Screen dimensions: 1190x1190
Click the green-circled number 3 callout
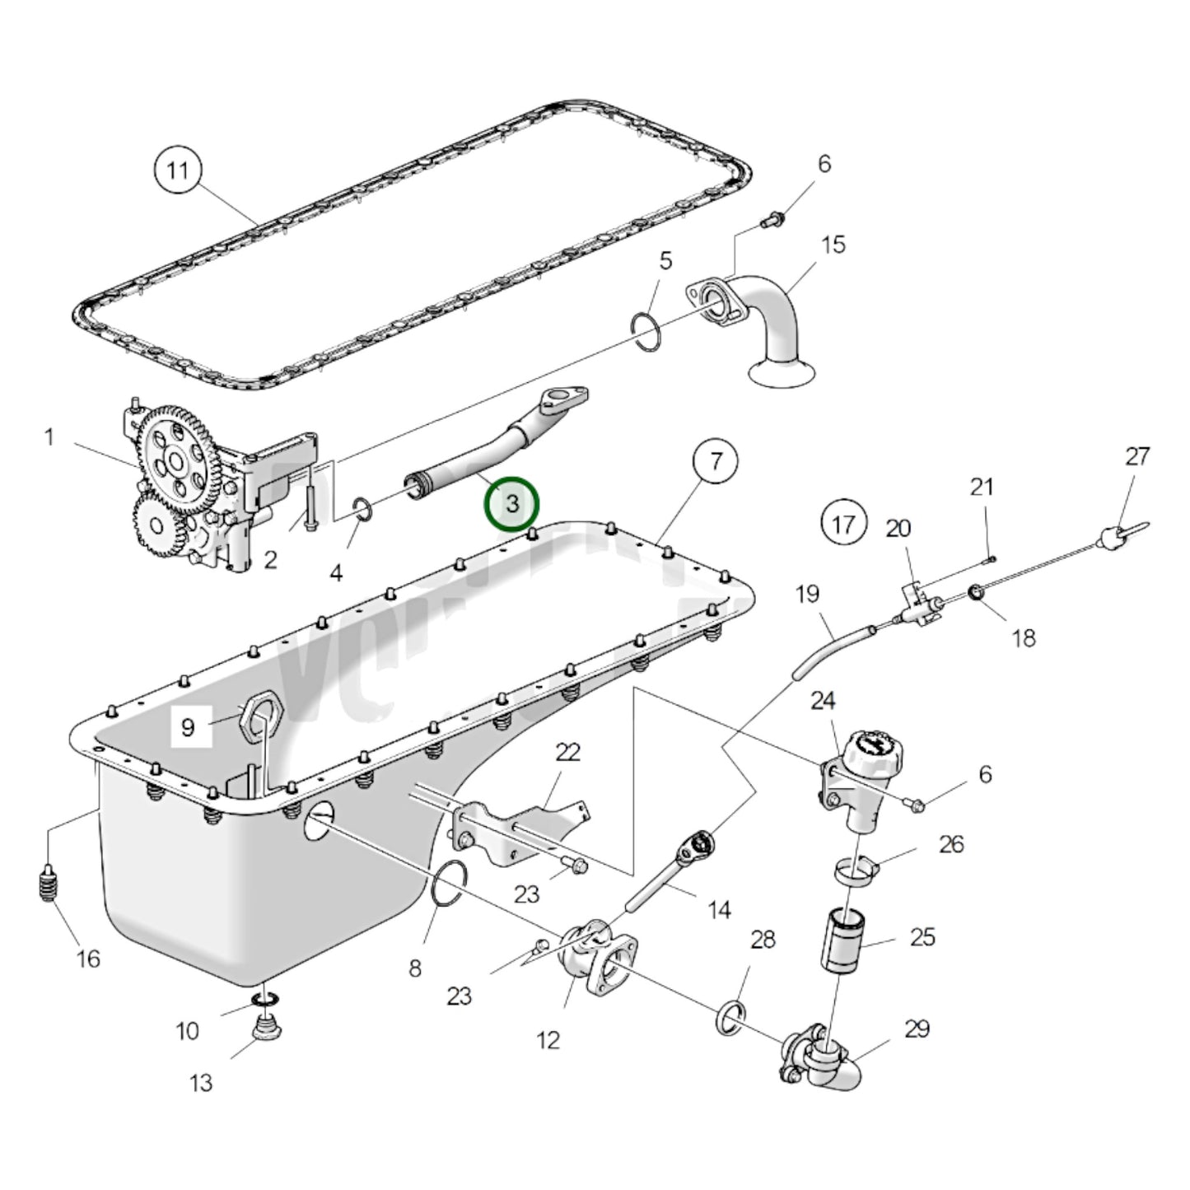click(x=511, y=503)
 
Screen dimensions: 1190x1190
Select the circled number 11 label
click(x=178, y=170)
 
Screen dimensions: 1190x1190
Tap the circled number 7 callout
click(x=715, y=461)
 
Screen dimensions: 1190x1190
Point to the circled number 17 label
click(x=843, y=524)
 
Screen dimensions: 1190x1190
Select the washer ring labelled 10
click(x=264, y=1000)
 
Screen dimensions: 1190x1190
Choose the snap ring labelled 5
click(x=646, y=331)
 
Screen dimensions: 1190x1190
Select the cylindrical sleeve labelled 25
click(x=839, y=938)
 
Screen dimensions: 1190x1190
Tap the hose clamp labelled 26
click(x=853, y=870)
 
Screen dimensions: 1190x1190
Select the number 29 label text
click(x=917, y=1029)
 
